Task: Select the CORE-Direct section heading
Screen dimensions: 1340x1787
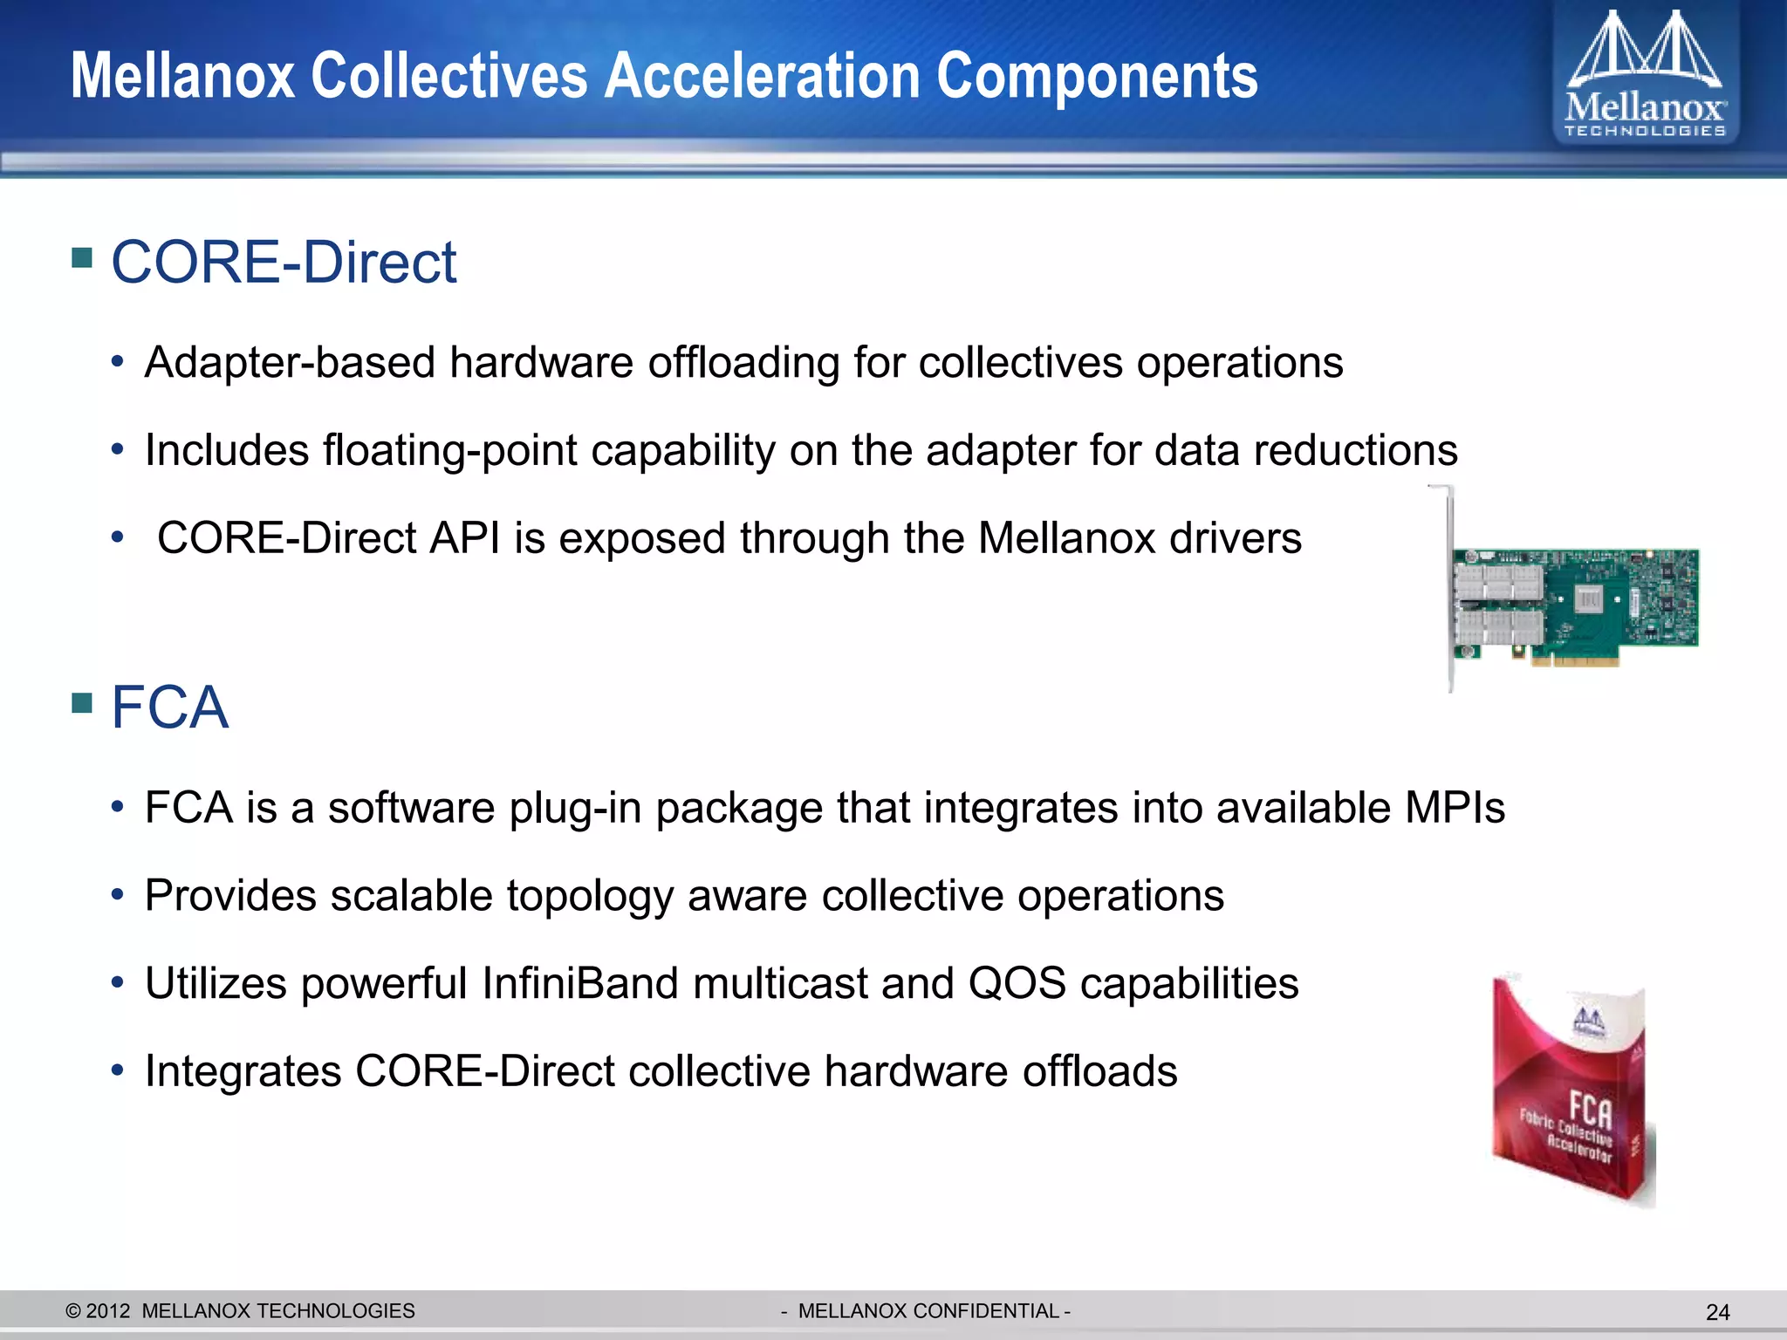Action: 284,262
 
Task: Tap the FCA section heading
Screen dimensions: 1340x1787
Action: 169,707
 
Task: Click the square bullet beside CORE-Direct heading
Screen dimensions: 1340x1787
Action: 82,257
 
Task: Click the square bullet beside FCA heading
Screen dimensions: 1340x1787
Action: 82,702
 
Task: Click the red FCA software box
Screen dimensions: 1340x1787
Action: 1571,1090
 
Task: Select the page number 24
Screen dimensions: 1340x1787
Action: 1717,1312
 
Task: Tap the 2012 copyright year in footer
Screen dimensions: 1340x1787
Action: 108,1311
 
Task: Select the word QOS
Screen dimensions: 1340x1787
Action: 1017,984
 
